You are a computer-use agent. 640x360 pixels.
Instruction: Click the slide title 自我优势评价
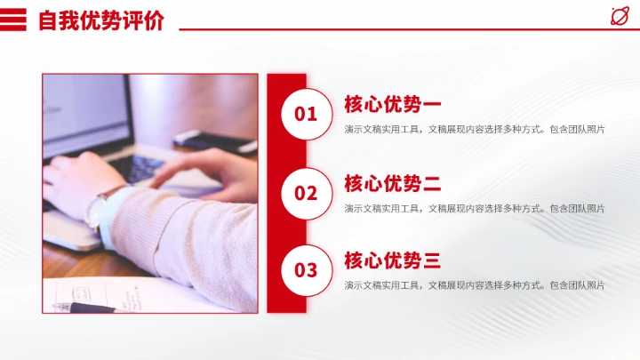tap(100, 20)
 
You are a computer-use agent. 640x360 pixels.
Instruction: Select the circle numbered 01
tap(306, 113)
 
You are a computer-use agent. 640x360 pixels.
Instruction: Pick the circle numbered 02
tap(306, 192)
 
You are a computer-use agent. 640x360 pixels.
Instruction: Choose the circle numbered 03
tap(306, 269)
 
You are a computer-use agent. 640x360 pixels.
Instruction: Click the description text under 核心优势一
tap(475, 130)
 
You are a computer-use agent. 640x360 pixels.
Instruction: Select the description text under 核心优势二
tap(475, 209)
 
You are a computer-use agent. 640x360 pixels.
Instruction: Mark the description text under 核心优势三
tap(475, 285)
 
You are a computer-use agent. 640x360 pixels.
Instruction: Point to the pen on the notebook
tap(84, 308)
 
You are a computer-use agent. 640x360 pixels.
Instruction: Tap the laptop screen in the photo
tap(84, 111)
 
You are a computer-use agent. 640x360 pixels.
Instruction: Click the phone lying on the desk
tap(213, 139)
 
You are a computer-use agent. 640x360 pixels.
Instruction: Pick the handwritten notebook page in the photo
tap(133, 295)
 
